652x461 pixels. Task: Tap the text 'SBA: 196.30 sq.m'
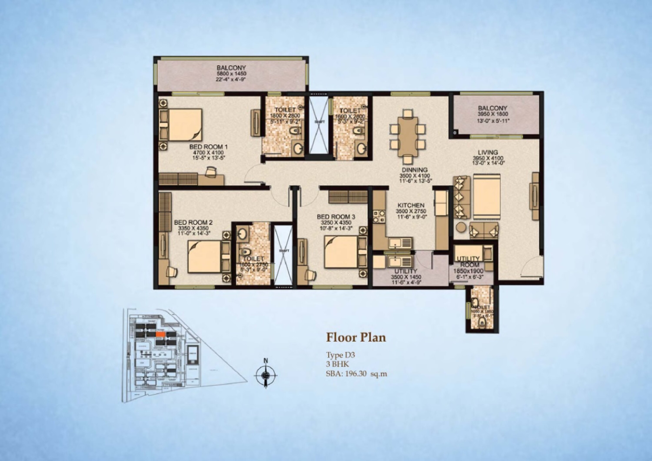coord(356,374)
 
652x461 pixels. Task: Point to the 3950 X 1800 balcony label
coord(493,114)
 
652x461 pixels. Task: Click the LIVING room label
coord(487,152)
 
